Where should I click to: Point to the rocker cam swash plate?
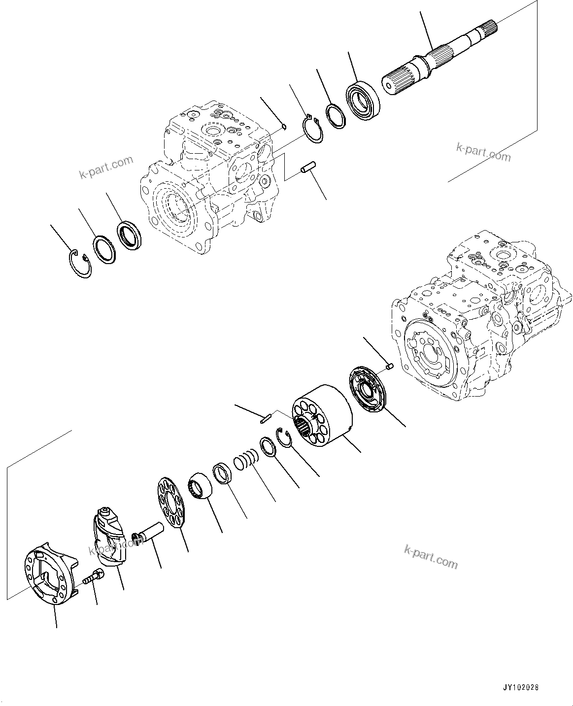click(x=110, y=536)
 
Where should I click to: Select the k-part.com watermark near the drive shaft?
click(x=483, y=153)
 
